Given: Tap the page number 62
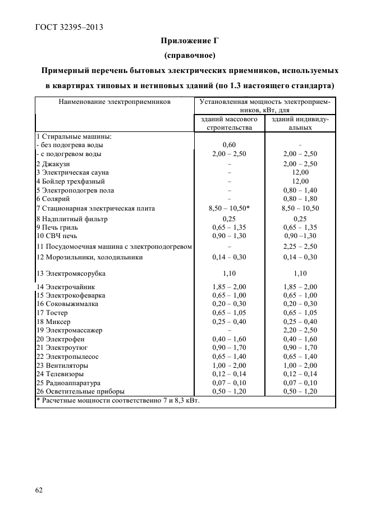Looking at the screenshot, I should point(39,490).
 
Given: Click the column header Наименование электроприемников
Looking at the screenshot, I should point(114,102).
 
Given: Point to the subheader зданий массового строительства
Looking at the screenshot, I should point(228,124).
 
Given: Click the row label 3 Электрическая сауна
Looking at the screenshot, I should point(72,172).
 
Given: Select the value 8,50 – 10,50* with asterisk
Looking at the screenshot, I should point(228,208).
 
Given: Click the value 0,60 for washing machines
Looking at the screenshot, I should point(228,145).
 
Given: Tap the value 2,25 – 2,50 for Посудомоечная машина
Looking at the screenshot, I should point(300,246).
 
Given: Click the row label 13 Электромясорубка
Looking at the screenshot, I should point(71,273).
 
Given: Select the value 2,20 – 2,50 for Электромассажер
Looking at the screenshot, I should point(300,330).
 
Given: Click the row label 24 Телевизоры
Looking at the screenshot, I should point(60,373).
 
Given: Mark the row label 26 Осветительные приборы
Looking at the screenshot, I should point(80,391).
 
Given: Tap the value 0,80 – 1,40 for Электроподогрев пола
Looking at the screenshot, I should point(300,190).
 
